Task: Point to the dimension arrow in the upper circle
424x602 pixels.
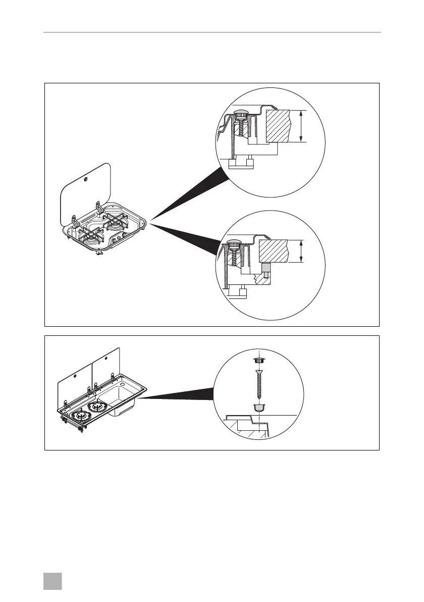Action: tap(301, 126)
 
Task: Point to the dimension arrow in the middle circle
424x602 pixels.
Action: tap(301, 252)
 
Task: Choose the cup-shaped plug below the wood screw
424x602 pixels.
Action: tap(258, 407)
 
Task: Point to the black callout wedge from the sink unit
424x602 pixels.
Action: tap(177, 397)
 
